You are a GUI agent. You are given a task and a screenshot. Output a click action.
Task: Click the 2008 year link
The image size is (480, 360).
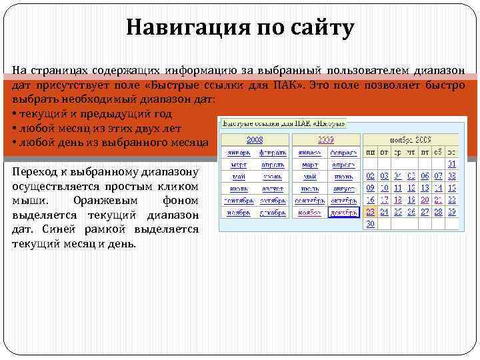[255, 140]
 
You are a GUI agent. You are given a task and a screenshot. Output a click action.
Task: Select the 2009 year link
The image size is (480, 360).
[326, 140]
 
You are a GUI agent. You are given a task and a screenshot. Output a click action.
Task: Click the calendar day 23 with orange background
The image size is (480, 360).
[371, 212]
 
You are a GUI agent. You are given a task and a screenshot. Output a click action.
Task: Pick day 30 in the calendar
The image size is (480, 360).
[371, 224]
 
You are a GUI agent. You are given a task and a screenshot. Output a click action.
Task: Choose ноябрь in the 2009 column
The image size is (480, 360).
[309, 212]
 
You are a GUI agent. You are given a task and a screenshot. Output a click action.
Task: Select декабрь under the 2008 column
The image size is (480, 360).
[273, 212]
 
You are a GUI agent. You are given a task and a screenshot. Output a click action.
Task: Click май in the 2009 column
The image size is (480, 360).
[309, 176]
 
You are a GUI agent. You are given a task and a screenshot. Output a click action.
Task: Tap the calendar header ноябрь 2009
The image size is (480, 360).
[411, 140]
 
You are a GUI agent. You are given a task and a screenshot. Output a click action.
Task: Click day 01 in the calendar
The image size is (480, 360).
[452, 164]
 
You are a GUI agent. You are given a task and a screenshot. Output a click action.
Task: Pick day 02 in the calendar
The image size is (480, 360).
[371, 176]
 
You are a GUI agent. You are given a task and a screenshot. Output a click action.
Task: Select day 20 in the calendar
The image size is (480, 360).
[425, 200]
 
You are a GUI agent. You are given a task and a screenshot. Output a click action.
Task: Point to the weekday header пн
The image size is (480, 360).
[371, 152]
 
